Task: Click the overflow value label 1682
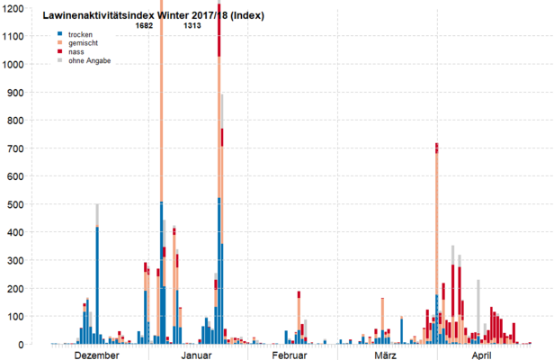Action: (x=144, y=26)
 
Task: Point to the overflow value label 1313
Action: (x=192, y=26)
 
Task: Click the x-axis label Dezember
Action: (x=96, y=355)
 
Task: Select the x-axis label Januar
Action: (x=197, y=355)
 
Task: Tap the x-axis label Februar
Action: (x=290, y=355)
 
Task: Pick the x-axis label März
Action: (x=386, y=355)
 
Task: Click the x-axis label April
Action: (x=482, y=355)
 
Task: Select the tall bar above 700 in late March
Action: (x=436, y=243)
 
